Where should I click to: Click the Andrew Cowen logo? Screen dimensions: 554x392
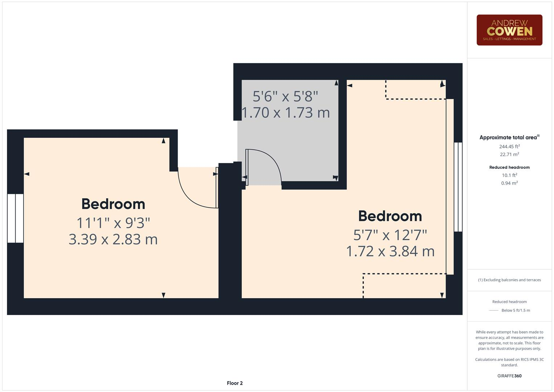pyautogui.click(x=509, y=30)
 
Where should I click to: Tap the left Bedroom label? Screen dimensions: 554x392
pyautogui.click(x=113, y=204)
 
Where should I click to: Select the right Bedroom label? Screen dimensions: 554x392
pyautogui.click(x=390, y=216)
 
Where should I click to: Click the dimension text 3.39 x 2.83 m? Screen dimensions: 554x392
pyautogui.click(x=113, y=240)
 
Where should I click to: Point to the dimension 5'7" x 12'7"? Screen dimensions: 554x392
pyautogui.click(x=390, y=235)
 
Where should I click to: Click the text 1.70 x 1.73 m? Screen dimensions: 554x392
pyautogui.click(x=286, y=113)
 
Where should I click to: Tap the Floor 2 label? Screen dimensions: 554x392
pyautogui.click(x=235, y=383)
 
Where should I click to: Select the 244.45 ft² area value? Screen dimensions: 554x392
pyautogui.click(x=509, y=147)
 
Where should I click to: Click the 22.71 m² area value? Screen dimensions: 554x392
pyautogui.click(x=509, y=155)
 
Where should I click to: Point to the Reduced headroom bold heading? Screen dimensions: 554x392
pyautogui.click(x=509, y=167)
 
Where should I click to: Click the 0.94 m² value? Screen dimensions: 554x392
pyautogui.click(x=509, y=183)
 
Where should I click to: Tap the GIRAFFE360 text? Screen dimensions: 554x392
pyautogui.click(x=509, y=376)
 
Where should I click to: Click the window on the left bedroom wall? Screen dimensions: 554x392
pyautogui.click(x=15, y=218)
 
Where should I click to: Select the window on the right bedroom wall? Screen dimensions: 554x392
pyautogui.click(x=458, y=187)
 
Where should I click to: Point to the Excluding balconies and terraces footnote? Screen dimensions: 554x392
pyautogui.click(x=509, y=280)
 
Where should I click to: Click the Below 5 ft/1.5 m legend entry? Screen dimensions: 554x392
pyautogui.click(x=515, y=310)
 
